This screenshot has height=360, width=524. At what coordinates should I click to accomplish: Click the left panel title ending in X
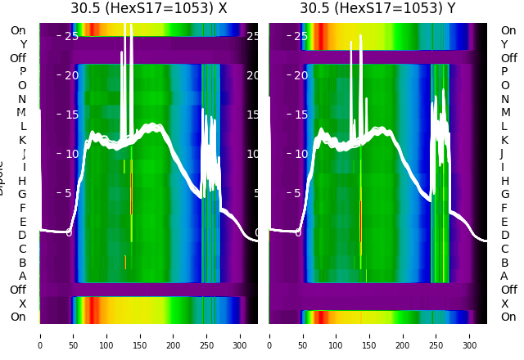[148, 9]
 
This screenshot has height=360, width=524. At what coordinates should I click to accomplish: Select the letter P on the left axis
[22, 72]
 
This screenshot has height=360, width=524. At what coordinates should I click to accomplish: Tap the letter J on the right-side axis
[502, 154]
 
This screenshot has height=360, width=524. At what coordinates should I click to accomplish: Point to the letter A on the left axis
[22, 276]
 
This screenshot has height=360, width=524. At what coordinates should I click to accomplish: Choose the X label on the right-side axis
[504, 304]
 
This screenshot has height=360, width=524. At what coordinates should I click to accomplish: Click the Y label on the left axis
[23, 44]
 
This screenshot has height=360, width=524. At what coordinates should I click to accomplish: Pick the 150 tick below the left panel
[140, 335]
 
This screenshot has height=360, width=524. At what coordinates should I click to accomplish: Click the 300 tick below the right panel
[470, 335]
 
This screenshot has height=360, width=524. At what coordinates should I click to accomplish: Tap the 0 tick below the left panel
[40, 335]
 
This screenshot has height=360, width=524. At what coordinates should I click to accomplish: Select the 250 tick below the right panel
[436, 335]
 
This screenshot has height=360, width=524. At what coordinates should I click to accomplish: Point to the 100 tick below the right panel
[336, 335]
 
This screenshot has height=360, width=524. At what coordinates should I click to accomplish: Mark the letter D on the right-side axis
[504, 236]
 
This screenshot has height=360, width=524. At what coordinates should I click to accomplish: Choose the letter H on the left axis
[22, 181]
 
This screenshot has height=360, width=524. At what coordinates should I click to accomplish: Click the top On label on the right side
[508, 30]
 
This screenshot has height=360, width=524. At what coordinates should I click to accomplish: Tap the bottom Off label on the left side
[18, 290]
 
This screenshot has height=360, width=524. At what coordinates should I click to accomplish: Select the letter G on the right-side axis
[504, 195]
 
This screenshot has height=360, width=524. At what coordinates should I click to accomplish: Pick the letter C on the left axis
[22, 249]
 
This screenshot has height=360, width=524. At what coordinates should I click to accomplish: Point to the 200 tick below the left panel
[174, 335]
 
